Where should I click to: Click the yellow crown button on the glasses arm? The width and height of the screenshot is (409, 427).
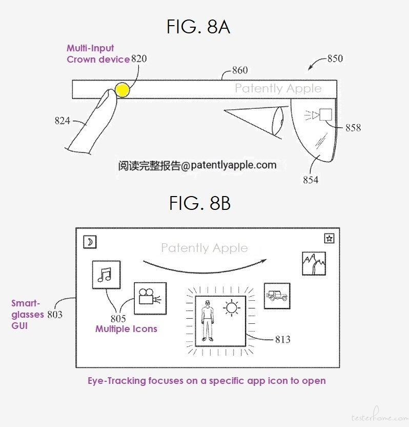click(x=122, y=90)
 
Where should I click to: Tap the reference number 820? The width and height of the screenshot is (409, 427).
click(x=139, y=59)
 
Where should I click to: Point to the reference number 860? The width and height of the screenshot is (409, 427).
click(x=240, y=70)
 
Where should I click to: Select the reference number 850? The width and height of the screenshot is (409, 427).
click(x=335, y=59)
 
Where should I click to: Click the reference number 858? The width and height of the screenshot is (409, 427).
click(x=353, y=127)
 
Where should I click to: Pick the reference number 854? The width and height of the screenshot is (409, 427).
click(x=311, y=180)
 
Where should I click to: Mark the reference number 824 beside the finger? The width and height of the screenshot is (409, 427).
click(x=63, y=121)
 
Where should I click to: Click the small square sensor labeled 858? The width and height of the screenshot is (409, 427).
click(x=325, y=114)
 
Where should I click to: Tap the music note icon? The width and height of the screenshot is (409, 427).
click(x=106, y=275)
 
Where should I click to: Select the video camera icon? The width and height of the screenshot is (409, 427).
click(x=150, y=299)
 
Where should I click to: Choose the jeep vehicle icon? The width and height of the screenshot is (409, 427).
click(x=277, y=296)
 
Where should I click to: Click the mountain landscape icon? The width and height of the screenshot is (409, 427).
click(x=314, y=264)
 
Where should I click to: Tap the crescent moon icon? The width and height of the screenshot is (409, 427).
click(x=90, y=242)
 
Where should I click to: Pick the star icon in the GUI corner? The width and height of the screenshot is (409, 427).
click(x=330, y=239)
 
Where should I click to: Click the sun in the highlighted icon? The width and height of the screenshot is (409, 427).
click(x=232, y=308)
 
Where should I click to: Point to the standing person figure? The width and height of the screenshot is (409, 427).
click(x=208, y=321)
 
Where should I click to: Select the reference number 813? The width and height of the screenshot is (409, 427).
click(x=282, y=339)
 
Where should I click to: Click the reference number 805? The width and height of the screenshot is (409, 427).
click(x=118, y=318)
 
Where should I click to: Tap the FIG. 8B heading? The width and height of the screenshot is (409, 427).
click(x=200, y=203)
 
